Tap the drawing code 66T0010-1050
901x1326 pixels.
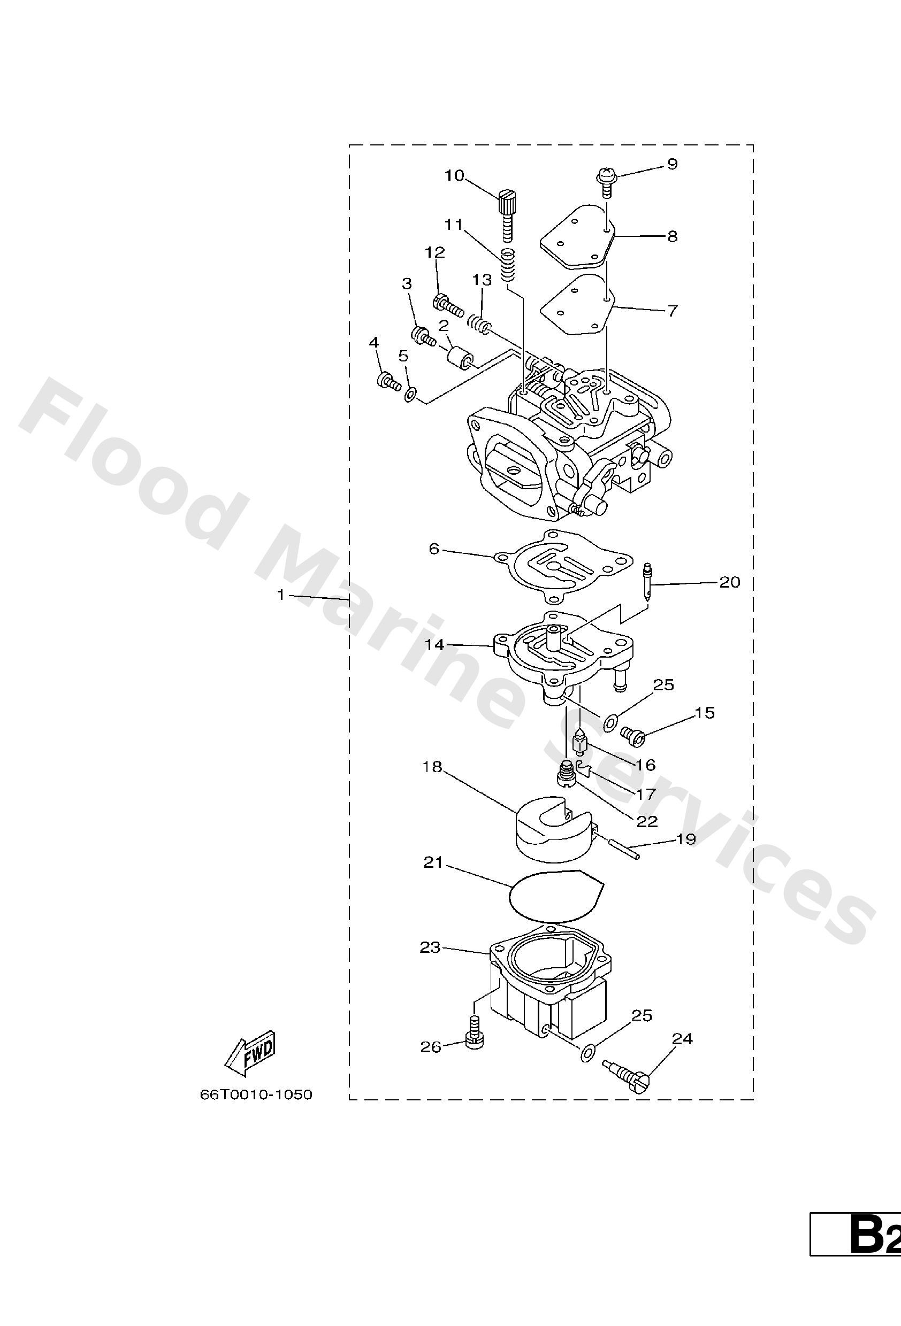coord(256,1095)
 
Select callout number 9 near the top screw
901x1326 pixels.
coord(672,164)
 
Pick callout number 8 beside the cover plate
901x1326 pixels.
coord(672,236)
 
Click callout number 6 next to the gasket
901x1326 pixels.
coord(434,549)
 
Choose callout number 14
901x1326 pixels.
coord(434,645)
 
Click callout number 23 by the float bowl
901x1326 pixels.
coord(430,947)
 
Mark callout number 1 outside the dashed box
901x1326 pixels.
coord(280,595)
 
